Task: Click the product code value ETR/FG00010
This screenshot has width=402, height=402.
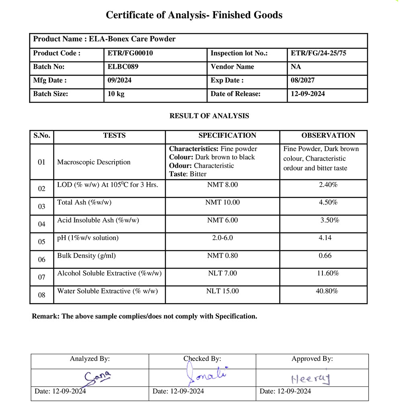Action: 130,53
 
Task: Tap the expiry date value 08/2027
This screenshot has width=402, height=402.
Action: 303,80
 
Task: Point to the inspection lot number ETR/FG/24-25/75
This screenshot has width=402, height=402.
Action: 318,53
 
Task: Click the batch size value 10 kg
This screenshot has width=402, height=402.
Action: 116,94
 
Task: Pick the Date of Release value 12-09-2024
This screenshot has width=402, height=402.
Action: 308,94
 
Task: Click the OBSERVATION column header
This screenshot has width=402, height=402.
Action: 328,135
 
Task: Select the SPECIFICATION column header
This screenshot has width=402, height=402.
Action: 227,135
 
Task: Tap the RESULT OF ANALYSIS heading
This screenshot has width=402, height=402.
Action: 209,116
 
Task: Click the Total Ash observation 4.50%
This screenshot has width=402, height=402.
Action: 328,202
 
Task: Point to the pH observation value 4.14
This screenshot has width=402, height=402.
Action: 325,238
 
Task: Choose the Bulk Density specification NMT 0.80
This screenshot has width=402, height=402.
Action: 222,255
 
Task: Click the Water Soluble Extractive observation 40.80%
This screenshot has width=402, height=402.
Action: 327,291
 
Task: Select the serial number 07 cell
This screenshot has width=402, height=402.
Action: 42,277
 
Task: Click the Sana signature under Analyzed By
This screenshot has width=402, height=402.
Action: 97,377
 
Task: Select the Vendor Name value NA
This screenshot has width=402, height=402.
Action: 296,67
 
